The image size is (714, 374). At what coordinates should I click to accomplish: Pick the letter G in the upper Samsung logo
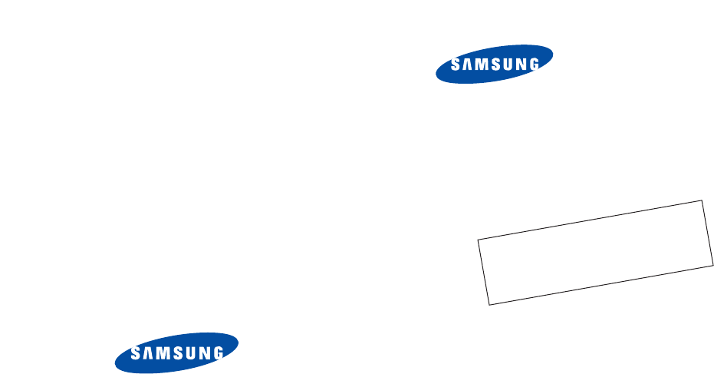click(x=531, y=65)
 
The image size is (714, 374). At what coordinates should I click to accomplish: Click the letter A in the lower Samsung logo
click(x=146, y=355)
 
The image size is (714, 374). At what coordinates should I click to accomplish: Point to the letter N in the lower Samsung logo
click(x=202, y=353)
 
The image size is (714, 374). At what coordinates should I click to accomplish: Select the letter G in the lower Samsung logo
click(x=217, y=353)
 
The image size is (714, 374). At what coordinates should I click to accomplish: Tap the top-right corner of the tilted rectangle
click(x=702, y=200)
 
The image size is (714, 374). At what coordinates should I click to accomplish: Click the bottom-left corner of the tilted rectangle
click(x=489, y=305)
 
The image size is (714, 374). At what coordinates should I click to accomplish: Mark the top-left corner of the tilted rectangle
click(x=478, y=240)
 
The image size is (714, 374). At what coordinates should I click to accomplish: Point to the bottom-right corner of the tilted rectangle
click(x=712, y=265)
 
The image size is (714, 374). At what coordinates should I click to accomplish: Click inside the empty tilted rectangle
click(x=595, y=253)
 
